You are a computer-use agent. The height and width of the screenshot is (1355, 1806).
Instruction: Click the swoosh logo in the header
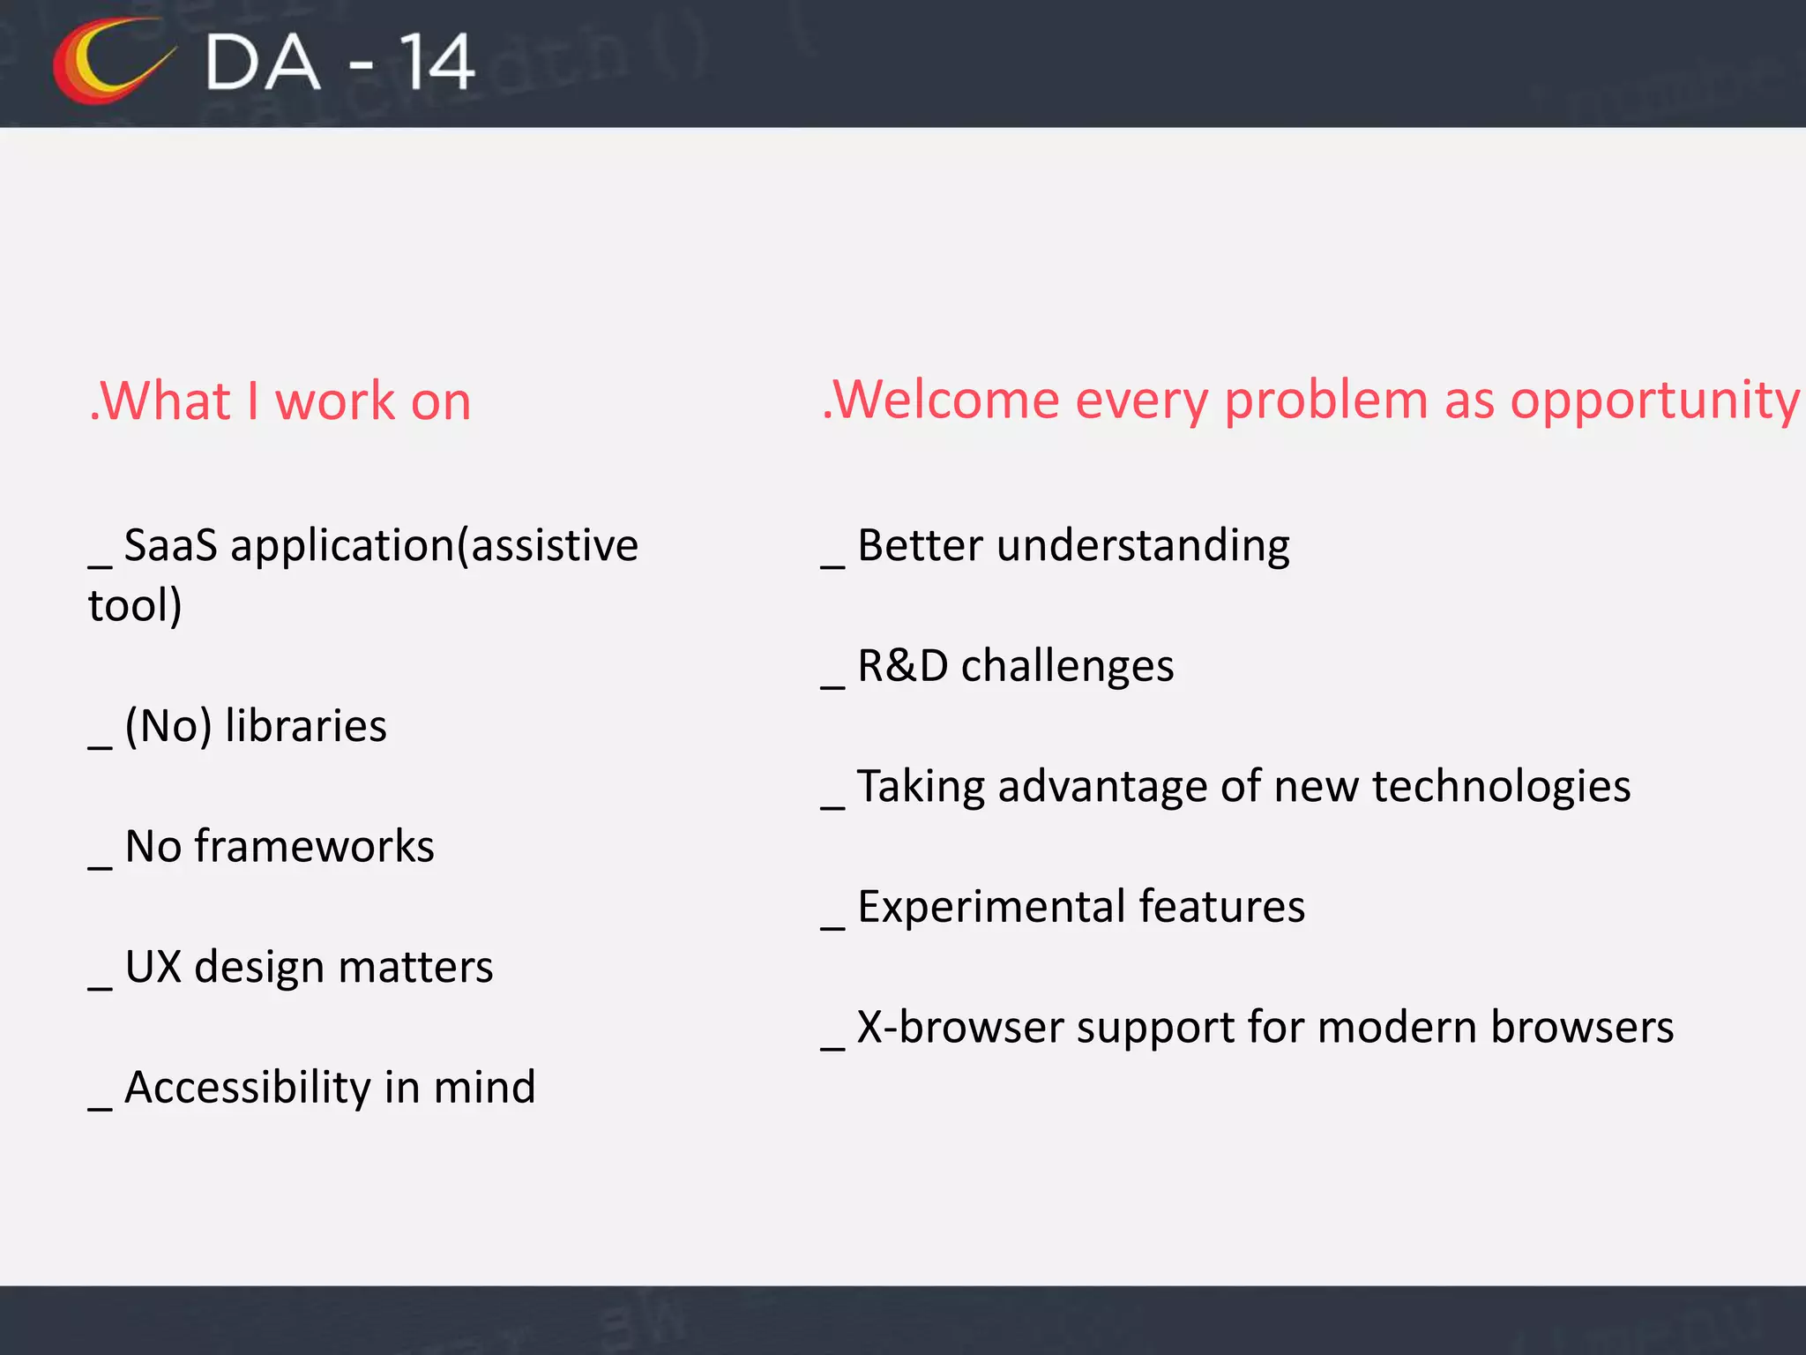pyautogui.click(x=110, y=62)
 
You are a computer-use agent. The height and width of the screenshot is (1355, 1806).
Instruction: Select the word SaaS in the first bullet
pyautogui.click(x=170, y=545)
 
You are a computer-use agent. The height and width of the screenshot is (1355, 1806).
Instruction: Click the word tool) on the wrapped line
pyautogui.click(x=135, y=606)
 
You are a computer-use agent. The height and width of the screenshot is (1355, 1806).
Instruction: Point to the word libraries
pyautogui.click(x=305, y=726)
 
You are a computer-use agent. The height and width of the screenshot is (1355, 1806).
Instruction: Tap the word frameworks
pyautogui.click(x=314, y=847)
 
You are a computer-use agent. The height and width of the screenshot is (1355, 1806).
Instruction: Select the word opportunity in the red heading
pyautogui.click(x=1654, y=401)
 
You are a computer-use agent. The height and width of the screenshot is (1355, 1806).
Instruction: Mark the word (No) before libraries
pyautogui.click(x=168, y=726)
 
